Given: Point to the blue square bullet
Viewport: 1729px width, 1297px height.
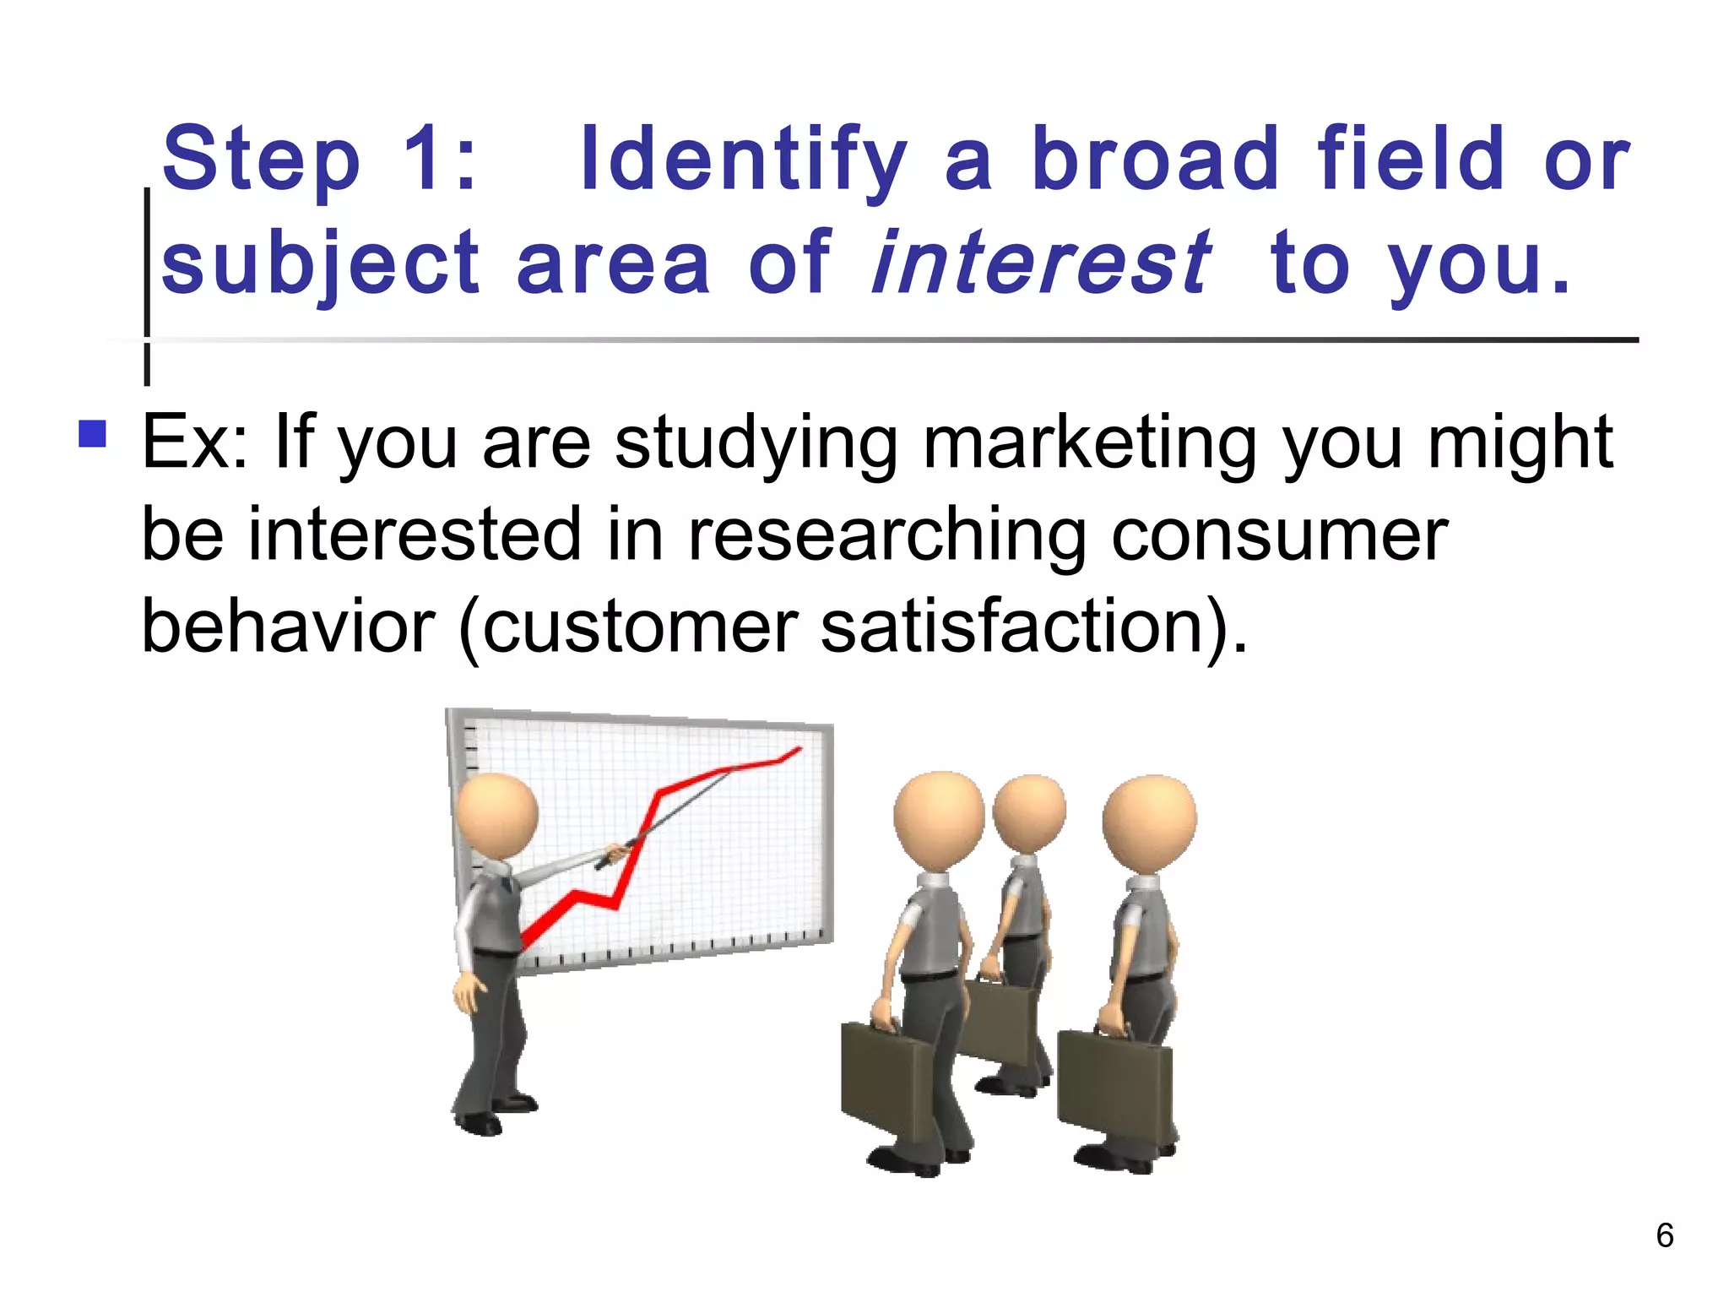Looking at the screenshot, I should pos(92,434).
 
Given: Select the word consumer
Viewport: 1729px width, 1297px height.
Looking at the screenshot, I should pos(1279,535).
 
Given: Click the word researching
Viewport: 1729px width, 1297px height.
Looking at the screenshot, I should pos(886,535).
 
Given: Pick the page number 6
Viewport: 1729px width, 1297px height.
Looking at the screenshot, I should pos(1664,1235).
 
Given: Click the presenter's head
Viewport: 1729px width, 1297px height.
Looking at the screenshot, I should pos(496,816).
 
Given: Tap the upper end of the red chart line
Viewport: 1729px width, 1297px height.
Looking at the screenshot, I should pos(797,748).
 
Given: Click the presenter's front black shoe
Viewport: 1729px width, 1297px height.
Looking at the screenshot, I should pos(478,1124).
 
